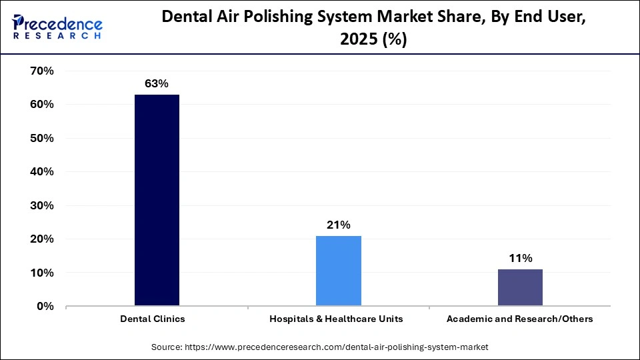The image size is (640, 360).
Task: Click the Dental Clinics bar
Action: pyautogui.click(x=157, y=200)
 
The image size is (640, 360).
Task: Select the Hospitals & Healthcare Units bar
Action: pyautogui.click(x=339, y=271)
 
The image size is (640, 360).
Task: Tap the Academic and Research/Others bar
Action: pyautogui.click(x=520, y=287)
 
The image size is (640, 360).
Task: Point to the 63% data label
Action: pyautogui.click(x=157, y=83)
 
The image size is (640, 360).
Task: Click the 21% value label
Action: pyautogui.click(x=339, y=225)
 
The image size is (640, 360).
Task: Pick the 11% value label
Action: pyautogui.click(x=520, y=258)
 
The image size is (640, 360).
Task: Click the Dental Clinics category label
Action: pyautogui.click(x=153, y=319)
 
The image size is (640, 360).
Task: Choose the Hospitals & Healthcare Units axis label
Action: pyautogui.click(x=336, y=319)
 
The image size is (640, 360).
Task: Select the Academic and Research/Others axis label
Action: pyautogui.click(x=520, y=319)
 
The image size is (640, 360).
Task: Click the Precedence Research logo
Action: pyautogui.click(x=57, y=27)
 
